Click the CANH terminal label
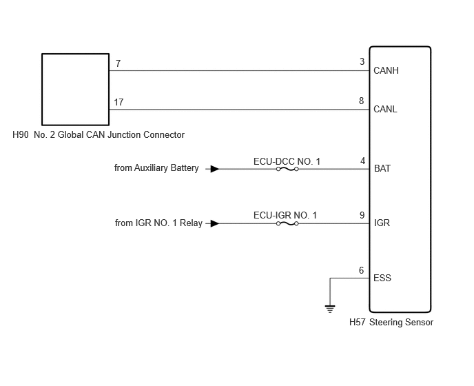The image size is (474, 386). click(386, 70)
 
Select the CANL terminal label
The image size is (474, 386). click(385, 109)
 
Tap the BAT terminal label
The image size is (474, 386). click(382, 168)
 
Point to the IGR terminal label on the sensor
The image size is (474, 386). click(382, 223)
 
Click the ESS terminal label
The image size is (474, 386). click(382, 278)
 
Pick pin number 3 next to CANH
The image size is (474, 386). click(362, 62)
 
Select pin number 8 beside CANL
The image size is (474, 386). click(361, 101)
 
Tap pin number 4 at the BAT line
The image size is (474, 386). click(363, 161)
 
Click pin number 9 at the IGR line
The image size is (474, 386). click(362, 215)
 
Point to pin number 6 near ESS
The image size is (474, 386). click(361, 270)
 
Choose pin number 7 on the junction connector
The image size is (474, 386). click(118, 63)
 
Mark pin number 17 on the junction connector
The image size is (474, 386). click(118, 102)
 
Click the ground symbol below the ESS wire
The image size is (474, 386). click(330, 309)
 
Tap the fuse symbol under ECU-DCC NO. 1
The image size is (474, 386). click(287, 169)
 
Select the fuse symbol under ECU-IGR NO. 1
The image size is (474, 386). click(287, 224)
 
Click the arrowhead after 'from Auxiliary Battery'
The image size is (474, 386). click(215, 169)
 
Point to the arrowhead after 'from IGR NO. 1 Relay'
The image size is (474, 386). click(215, 223)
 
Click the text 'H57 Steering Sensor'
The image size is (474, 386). click(391, 323)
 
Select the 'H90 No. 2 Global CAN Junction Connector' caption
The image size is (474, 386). click(99, 134)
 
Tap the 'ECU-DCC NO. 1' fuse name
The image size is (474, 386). click(287, 161)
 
